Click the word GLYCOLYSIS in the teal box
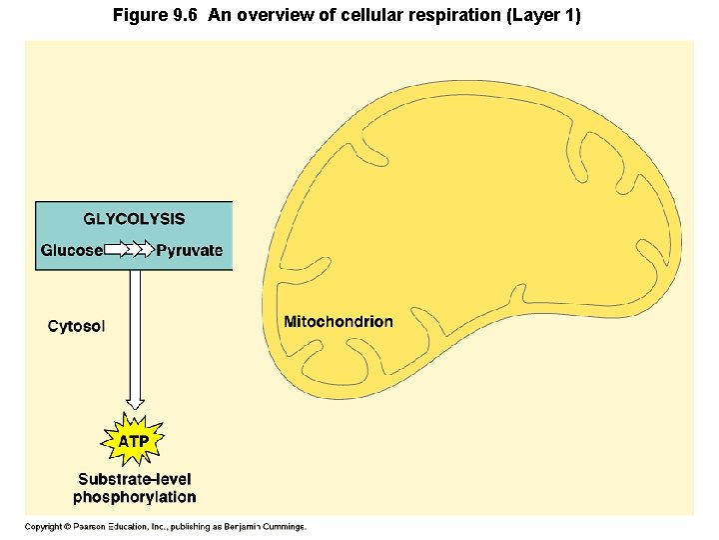134,219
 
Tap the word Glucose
71,250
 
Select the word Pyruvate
190,250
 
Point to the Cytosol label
76,326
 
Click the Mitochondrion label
339,322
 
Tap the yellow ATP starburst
135,440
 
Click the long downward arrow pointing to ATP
135,340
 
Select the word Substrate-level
135,480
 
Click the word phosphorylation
135,497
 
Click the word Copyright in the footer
43,526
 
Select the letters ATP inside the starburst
135,441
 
